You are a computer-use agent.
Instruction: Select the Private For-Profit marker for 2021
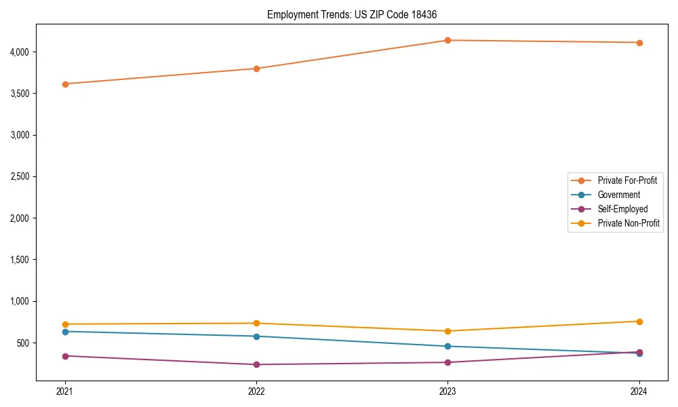[x=65, y=84]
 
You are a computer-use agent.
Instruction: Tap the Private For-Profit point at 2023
[x=447, y=41]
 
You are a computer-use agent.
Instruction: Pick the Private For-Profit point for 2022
[x=256, y=69]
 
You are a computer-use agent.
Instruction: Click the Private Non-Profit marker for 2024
[x=639, y=322]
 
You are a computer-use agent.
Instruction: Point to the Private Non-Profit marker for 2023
[x=447, y=331]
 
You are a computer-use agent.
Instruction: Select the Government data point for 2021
[x=65, y=332]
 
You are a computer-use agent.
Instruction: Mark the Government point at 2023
[x=447, y=347]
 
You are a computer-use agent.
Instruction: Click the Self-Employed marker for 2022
[x=256, y=364]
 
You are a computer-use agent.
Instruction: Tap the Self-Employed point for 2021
[x=65, y=356]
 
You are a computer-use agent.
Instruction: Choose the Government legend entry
[x=618, y=195]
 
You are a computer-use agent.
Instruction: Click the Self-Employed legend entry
[x=622, y=209]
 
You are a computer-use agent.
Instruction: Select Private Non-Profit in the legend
[x=629, y=223]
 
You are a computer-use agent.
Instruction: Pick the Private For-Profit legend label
[x=626, y=180]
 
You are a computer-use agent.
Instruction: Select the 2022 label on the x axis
[x=256, y=391]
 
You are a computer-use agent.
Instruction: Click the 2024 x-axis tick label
[x=639, y=391]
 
